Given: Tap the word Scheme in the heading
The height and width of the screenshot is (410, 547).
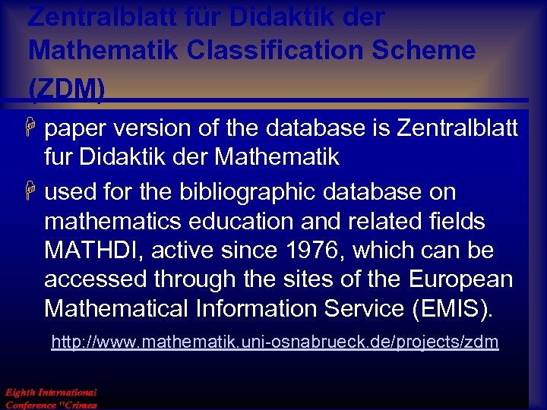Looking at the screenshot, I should click(431, 51).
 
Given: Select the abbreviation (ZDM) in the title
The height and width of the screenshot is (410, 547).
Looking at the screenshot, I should click(67, 89).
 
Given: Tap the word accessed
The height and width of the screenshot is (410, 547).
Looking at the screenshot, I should click(95, 279).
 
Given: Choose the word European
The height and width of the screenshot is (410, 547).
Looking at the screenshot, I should click(460, 279).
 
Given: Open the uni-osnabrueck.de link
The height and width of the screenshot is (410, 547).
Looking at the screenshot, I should click(274, 342).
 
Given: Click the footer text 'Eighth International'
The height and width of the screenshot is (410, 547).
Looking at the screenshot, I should click(51, 393).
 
